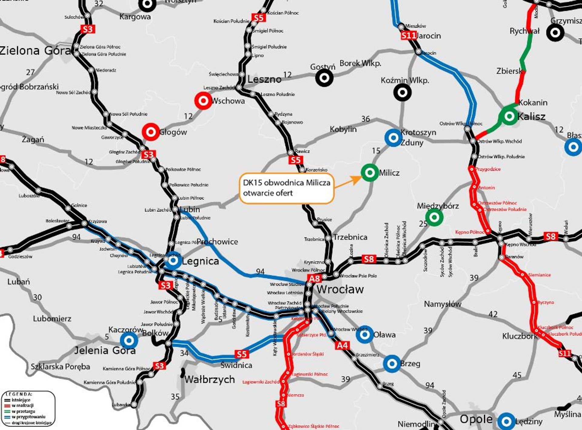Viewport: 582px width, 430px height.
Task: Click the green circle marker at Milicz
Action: coord(370,173)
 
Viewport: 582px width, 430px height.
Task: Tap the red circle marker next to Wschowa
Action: coord(203,100)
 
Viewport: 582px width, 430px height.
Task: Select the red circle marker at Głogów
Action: coord(151,132)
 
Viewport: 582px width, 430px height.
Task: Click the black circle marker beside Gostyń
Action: coord(324,78)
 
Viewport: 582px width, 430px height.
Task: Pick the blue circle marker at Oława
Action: coord(365,334)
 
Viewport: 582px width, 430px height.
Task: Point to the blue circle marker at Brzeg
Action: coord(392,363)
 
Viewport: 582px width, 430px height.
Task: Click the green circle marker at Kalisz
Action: coord(509,116)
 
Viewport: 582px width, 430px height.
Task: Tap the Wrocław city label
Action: coord(340,289)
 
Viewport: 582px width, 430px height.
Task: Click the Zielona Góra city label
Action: coord(35,50)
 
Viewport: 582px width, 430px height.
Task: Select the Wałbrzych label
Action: coord(209,379)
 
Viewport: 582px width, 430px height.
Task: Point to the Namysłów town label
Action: coord(443,304)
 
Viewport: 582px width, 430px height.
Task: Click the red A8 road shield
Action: coord(314,278)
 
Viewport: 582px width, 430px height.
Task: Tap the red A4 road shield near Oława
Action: coord(343,345)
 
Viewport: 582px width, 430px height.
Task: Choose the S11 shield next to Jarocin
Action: coord(408,36)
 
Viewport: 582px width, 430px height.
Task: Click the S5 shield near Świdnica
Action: coord(242,354)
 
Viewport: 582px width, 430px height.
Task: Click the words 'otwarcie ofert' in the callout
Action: coord(268,193)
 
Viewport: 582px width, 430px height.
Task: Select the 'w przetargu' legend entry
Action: coord(23,411)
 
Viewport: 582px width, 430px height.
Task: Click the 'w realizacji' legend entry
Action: coord(22,405)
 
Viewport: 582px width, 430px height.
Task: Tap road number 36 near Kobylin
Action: coord(366,119)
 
